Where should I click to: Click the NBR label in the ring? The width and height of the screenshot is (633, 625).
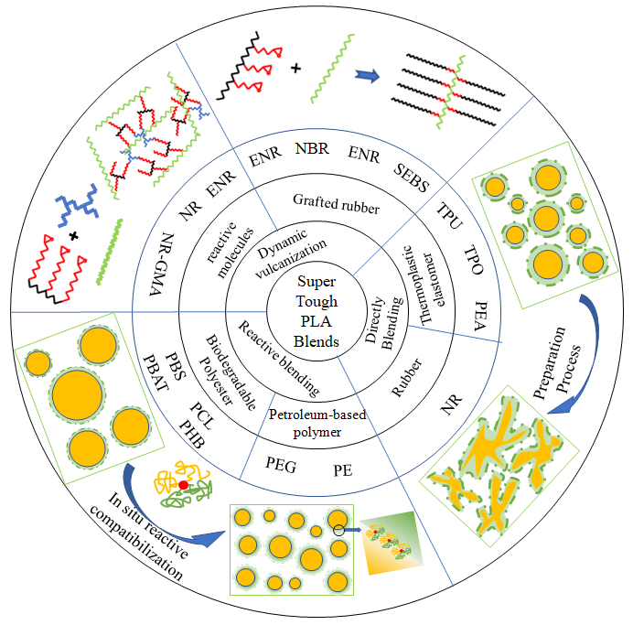point(315,147)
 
